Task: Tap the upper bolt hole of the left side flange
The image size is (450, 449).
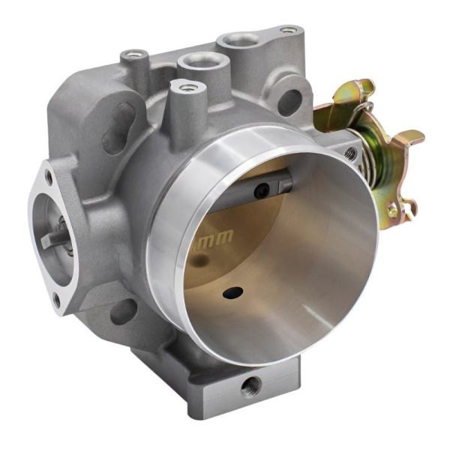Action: pos(49,178)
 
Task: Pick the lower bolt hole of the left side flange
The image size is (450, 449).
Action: pos(56,301)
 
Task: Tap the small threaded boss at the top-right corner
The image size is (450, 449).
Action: pos(287,31)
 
